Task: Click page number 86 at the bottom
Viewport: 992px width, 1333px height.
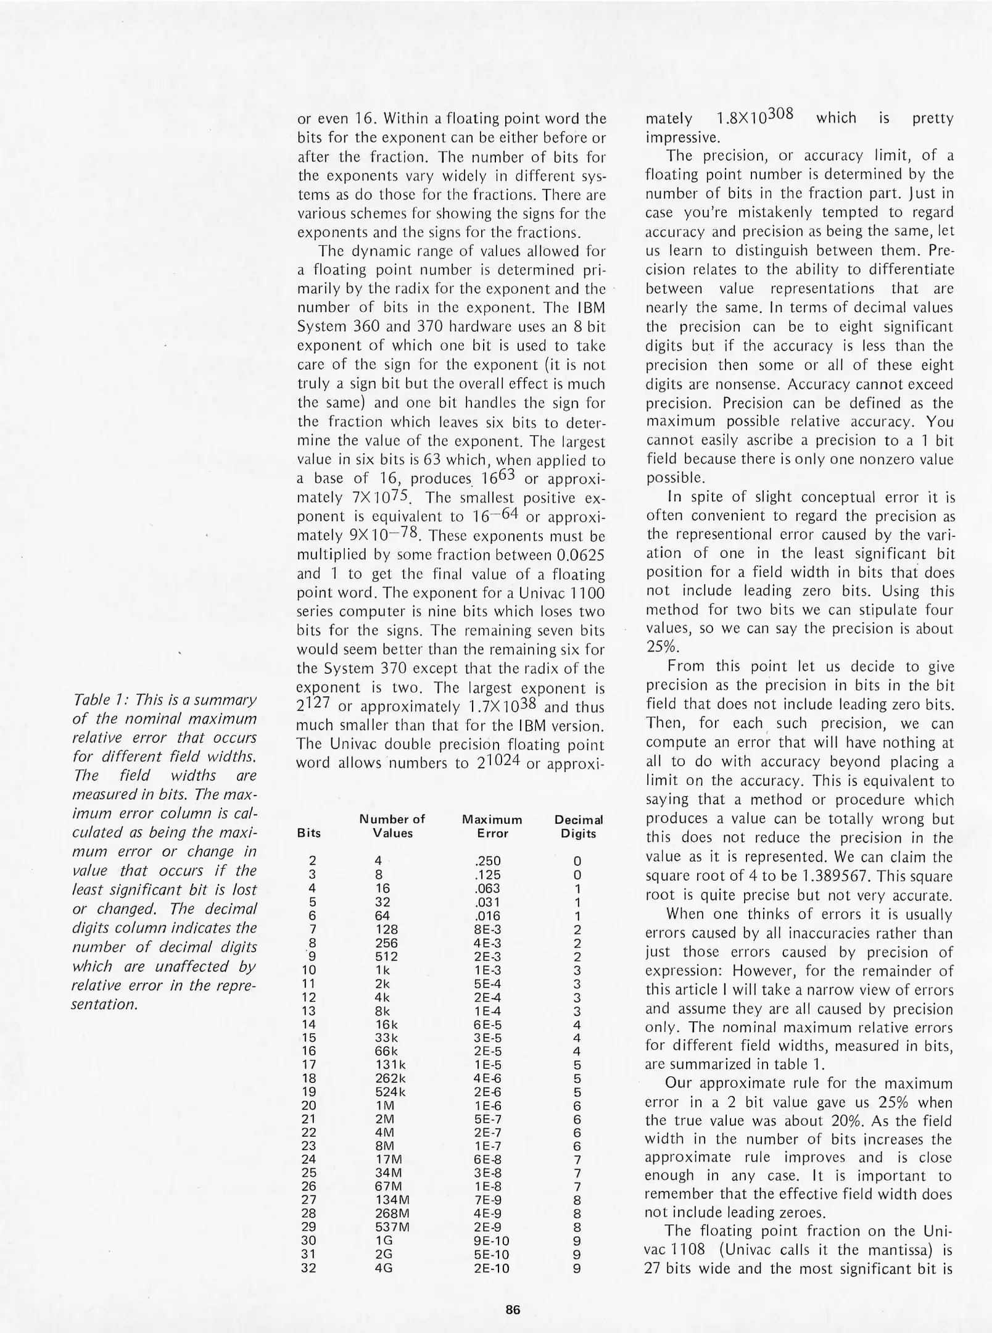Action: pyautogui.click(x=513, y=1305)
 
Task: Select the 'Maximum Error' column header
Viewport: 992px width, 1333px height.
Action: pyautogui.click(x=492, y=826)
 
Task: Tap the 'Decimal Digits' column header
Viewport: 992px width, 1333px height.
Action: pyautogui.click(x=578, y=826)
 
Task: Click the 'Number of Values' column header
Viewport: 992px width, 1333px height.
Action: pyautogui.click(x=392, y=826)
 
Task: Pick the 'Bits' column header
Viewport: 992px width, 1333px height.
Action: pyautogui.click(x=309, y=833)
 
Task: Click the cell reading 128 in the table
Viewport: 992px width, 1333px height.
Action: pyautogui.click(x=387, y=929)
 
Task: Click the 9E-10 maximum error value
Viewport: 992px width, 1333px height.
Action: pyautogui.click(x=492, y=1241)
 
